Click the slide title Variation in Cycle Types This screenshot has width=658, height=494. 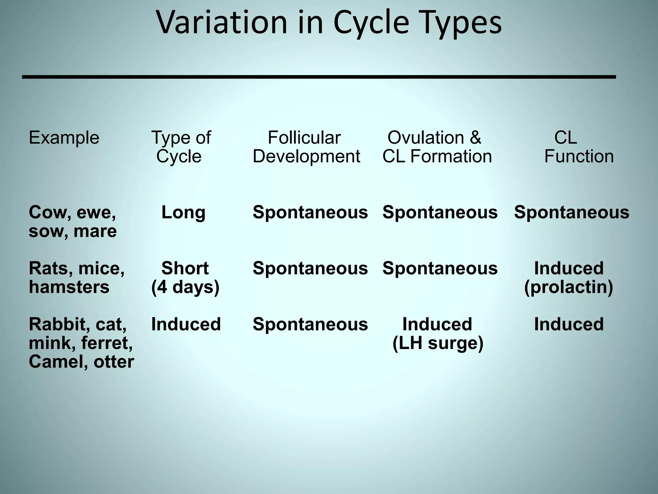pos(329,23)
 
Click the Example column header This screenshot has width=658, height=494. pos(64,138)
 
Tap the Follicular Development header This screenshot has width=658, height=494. pos(306,147)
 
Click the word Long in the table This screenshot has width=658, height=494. pos(183,212)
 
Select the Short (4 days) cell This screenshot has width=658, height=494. pos(185,277)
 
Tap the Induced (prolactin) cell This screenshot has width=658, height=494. pos(568,277)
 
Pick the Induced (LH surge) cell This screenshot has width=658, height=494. pos(438,333)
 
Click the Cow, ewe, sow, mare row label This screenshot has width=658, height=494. pos(73,222)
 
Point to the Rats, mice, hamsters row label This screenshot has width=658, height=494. pos(76,277)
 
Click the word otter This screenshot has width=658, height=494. pos(113,361)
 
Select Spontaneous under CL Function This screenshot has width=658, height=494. pos(571,212)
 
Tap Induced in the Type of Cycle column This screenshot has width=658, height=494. pos(186,324)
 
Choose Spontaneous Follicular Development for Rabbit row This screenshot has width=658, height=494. pos(310,324)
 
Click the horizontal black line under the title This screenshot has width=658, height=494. pos(319,77)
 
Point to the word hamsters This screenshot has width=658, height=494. pos(69,287)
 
